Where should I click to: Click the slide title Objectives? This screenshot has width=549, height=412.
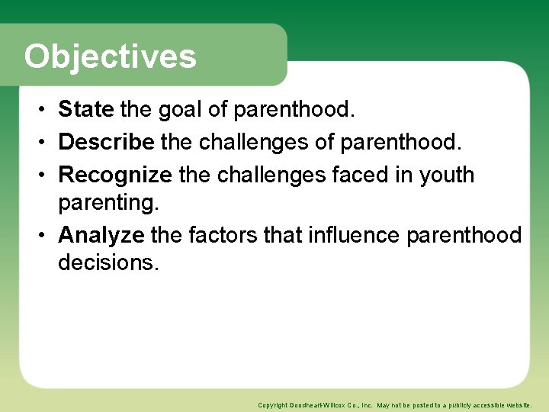pyautogui.click(x=110, y=56)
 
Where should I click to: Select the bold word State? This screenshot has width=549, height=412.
pyautogui.click(x=85, y=110)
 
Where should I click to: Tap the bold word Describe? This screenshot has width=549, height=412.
pyautogui.click(x=107, y=142)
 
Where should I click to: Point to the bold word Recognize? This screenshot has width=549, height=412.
pyautogui.click(x=115, y=175)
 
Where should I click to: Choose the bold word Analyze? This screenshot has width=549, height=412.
pyautogui.click(x=101, y=234)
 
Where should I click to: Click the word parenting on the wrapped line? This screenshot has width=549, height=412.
pyautogui.click(x=108, y=202)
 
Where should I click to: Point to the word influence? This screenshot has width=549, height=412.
pyautogui.click(x=355, y=234)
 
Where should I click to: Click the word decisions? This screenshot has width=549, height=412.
pyautogui.click(x=108, y=262)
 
